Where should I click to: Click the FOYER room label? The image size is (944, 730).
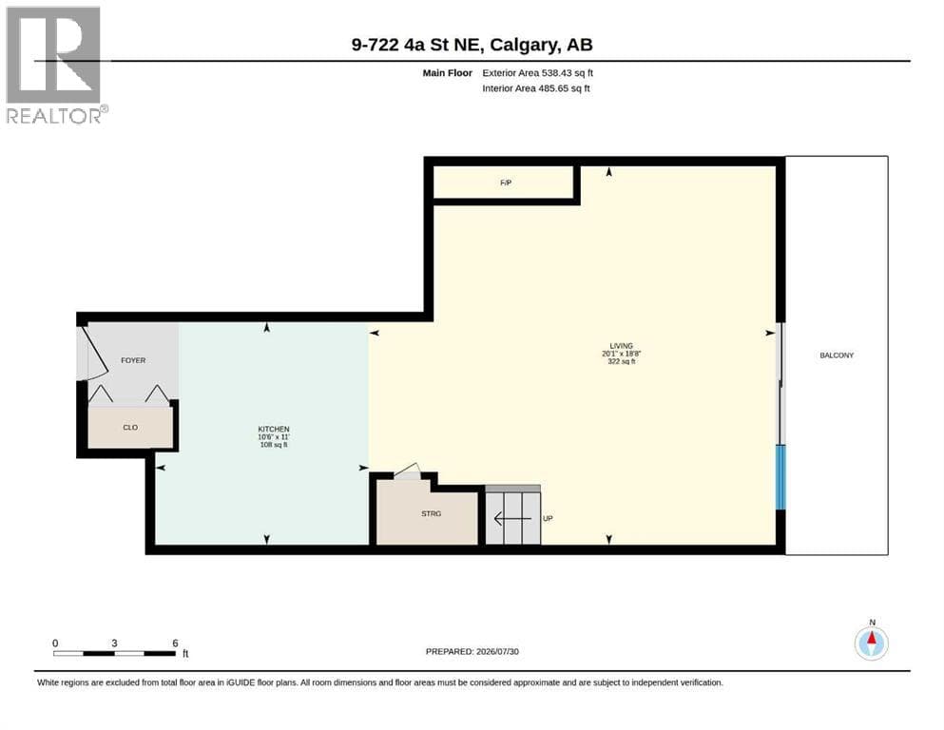133,360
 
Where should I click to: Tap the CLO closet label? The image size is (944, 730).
130,428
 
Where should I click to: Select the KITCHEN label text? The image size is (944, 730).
274,429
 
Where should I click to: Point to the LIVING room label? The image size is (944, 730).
622,346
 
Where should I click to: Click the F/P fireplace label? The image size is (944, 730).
506,182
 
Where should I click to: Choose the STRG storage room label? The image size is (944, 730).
431,513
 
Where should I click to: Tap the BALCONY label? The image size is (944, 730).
837,355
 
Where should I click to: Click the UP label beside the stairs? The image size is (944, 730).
548,518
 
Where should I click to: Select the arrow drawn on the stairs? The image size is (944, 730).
512,518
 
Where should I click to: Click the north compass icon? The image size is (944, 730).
871,643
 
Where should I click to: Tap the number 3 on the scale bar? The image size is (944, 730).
114,643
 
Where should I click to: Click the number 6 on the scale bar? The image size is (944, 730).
175,643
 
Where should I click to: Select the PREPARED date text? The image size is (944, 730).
472,651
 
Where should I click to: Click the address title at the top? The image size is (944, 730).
472,45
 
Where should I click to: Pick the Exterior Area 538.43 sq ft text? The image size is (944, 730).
538,73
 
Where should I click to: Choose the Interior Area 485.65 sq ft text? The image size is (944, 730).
536,88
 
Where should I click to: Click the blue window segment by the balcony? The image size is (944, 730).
780,477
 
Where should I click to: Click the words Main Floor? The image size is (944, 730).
448,73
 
